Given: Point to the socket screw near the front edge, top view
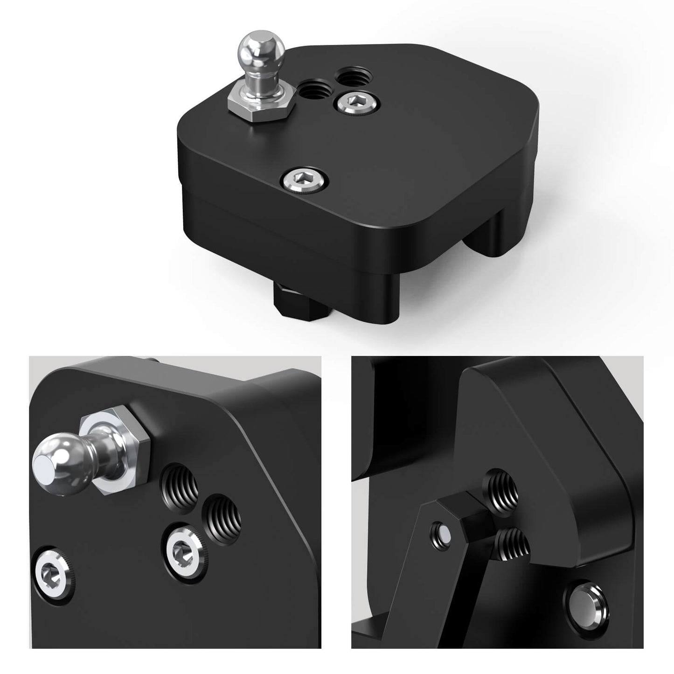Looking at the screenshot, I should coord(305,178).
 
